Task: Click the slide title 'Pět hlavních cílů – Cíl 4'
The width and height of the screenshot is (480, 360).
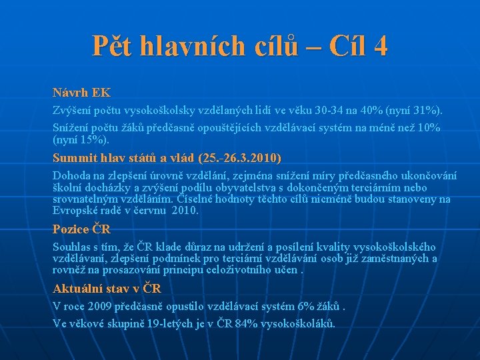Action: coord(240,46)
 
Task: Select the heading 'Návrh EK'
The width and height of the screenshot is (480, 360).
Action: coord(81,93)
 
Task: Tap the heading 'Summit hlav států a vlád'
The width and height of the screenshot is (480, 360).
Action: coord(124,159)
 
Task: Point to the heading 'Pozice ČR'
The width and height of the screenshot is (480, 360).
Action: coord(81,229)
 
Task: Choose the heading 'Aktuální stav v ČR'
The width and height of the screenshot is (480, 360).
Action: coord(107,289)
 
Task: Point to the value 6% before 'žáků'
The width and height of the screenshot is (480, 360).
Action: coord(305,307)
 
